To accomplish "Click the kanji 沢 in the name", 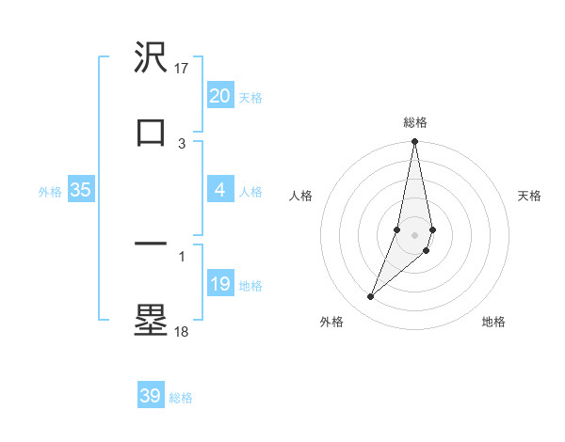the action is [151, 59].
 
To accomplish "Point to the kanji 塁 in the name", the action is [151, 319].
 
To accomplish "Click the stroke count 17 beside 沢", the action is [183, 69].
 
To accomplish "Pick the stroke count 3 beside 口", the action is [182, 143].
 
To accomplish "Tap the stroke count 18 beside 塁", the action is [182, 330].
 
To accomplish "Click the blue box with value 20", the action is [219, 96].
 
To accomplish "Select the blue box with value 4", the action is [219, 190].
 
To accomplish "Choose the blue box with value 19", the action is [219, 284].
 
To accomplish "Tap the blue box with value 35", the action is [80, 190].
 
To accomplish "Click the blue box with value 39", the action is [150, 396].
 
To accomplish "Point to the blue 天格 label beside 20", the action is [250, 98].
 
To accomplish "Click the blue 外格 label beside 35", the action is [50, 192].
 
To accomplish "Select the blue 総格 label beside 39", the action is [181, 398].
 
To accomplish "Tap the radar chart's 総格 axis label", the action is [415, 122].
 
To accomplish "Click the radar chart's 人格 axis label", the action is [301, 196].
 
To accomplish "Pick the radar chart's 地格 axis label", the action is [493, 323].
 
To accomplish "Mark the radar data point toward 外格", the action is [371, 297].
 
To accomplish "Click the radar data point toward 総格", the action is [414, 142].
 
